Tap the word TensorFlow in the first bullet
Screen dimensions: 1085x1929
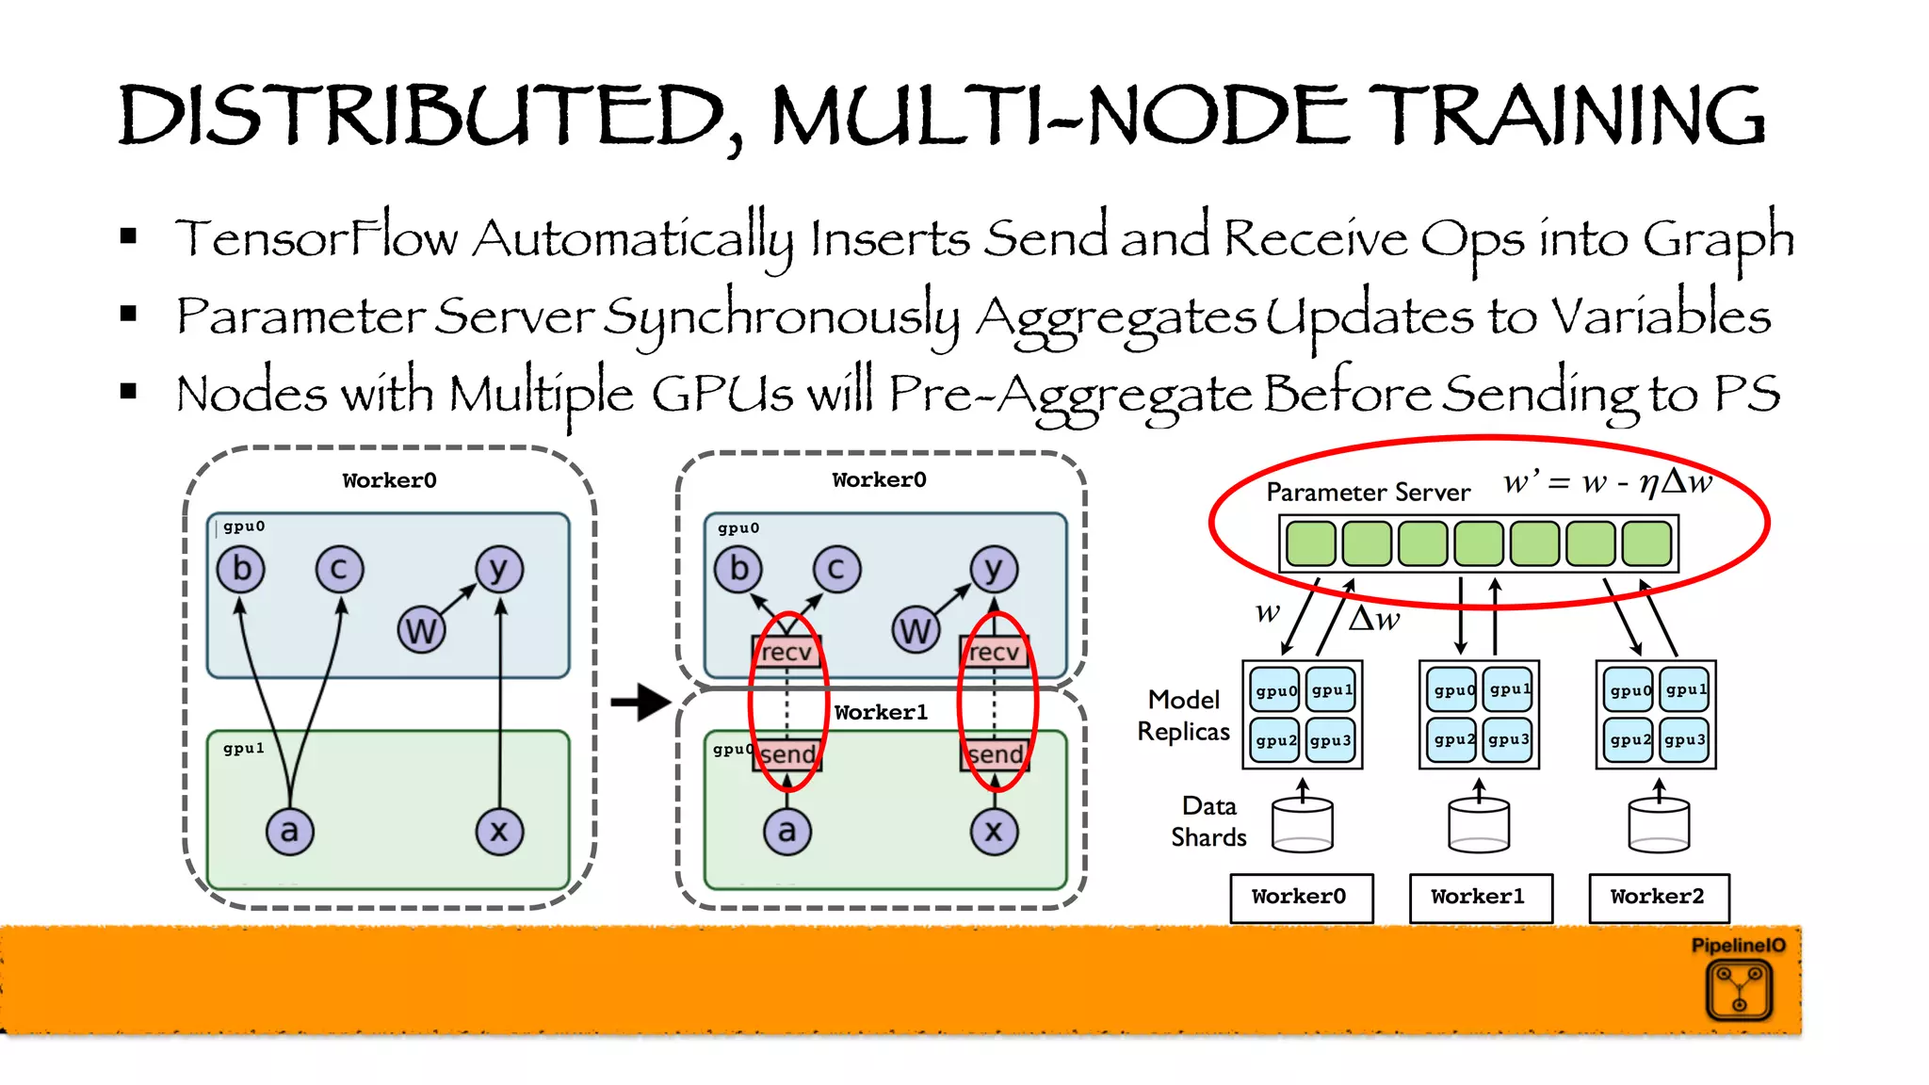pos(316,238)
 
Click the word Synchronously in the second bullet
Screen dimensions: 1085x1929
pos(781,317)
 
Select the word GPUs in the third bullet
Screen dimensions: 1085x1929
pos(721,394)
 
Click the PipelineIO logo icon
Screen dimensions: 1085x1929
pos(1739,991)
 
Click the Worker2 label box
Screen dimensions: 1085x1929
pos(1658,897)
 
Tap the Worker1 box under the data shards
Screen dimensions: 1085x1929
pos(1479,897)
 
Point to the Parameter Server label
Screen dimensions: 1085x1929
pos(1368,493)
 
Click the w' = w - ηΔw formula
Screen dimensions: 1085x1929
pos(1607,483)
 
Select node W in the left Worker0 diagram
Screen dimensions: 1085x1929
pos(421,630)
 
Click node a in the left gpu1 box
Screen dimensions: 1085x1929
pos(289,831)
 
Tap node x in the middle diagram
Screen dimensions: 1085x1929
pos(994,831)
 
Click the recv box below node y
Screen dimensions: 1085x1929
pos(994,652)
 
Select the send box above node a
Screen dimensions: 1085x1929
pos(787,754)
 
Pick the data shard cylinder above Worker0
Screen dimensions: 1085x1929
pos(1302,825)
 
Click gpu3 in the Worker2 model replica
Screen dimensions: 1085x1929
pos(1684,740)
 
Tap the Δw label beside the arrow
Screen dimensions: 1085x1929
pos(1374,620)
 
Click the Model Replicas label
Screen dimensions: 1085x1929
pos(1184,716)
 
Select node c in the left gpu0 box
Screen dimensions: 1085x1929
pos(339,569)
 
